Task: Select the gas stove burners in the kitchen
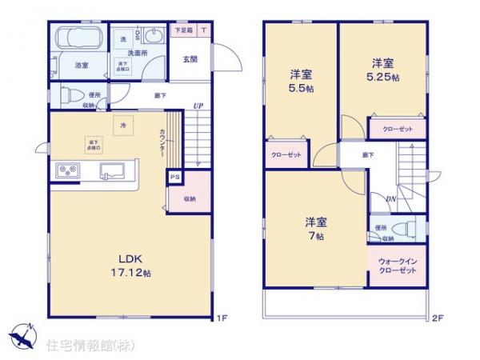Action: [66, 170]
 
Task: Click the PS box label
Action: [173, 178]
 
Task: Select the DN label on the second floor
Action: [390, 199]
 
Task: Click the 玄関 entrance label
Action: [190, 58]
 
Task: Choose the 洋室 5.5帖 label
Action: [300, 80]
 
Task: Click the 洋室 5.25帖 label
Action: [381, 69]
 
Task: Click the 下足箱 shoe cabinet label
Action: [183, 30]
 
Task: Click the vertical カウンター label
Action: [163, 143]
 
